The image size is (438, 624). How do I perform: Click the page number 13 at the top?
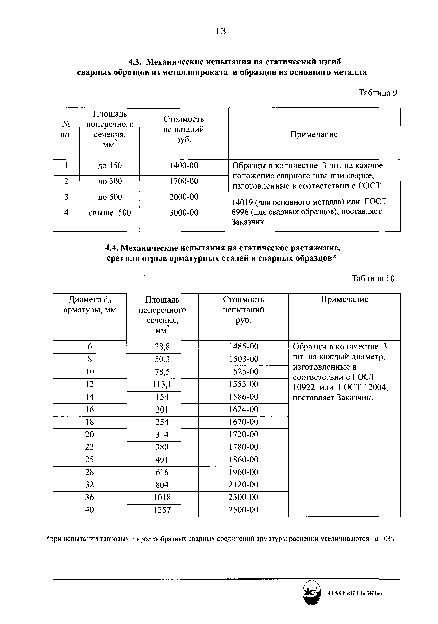click(220, 32)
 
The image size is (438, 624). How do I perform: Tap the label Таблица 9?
click(377, 93)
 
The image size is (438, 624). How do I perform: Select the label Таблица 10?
click(373, 278)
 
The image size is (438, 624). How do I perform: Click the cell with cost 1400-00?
click(184, 165)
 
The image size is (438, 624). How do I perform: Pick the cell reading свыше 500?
click(110, 212)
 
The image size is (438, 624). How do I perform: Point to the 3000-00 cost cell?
click(184, 212)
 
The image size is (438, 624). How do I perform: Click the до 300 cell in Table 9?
click(110, 181)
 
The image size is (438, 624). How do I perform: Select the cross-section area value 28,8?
click(162, 347)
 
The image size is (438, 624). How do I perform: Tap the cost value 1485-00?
click(244, 346)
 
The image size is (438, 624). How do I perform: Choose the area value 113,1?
click(162, 384)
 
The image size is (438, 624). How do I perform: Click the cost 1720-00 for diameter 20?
click(244, 434)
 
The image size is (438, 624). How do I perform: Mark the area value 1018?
click(162, 497)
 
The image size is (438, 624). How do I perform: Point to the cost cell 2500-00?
click(244, 510)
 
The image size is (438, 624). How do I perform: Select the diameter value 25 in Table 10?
click(90, 460)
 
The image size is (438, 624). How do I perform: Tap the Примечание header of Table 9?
click(314, 134)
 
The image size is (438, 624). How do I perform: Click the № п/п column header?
click(66, 129)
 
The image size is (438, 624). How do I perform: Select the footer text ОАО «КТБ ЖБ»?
click(355, 593)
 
